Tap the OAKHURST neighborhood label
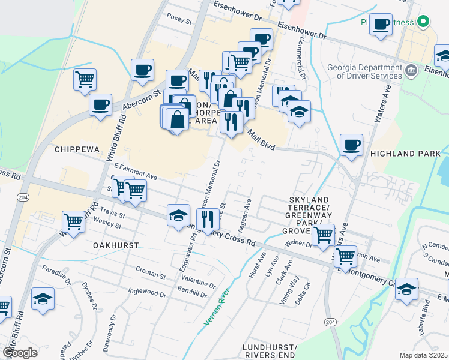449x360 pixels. pyautogui.click(x=116, y=245)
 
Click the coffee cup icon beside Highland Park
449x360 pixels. pyautogui.click(x=351, y=145)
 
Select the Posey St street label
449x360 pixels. pyautogui.click(x=179, y=20)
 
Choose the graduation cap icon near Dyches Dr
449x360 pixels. pyautogui.click(x=43, y=299)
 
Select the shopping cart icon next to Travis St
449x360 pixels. pyautogui.click(x=73, y=221)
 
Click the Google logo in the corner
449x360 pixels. pyautogui.click(x=20, y=352)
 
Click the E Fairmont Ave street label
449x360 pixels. pyautogui.click(x=135, y=173)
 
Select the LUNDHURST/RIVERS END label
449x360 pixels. pyautogui.click(x=277, y=352)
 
